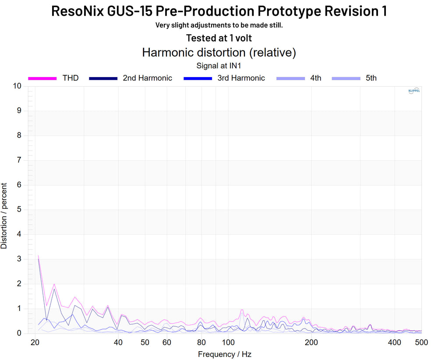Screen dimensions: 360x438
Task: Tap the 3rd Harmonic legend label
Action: pyautogui.click(x=241, y=78)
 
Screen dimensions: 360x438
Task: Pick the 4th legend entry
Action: pyautogui.click(x=315, y=78)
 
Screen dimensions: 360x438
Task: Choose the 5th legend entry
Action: pyautogui.click(x=371, y=78)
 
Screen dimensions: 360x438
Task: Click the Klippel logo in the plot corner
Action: pyautogui.click(x=414, y=91)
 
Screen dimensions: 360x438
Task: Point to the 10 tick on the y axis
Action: pyautogui.click(x=17, y=86)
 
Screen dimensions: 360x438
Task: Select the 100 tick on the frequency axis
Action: pyautogui.click(x=228, y=342)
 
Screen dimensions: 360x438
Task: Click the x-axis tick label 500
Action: pyautogui.click(x=421, y=342)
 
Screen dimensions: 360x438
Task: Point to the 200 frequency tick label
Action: pyautogui.click(x=311, y=342)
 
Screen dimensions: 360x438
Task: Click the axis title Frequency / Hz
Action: pyautogui.click(x=225, y=354)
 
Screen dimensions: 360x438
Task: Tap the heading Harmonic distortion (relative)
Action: pyautogui.click(x=219, y=53)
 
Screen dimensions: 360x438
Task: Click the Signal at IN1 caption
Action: pyautogui.click(x=219, y=66)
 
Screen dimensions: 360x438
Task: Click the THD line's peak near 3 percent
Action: pyautogui.click(x=38, y=256)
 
